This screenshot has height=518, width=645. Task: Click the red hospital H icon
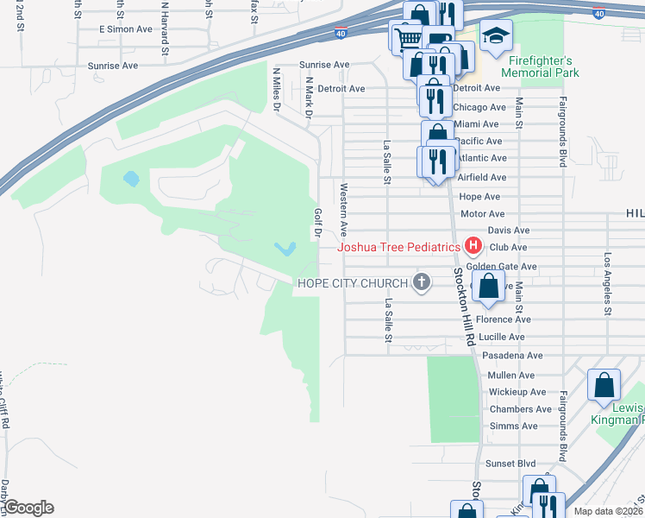473,247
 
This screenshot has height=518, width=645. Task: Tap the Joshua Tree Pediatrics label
398,247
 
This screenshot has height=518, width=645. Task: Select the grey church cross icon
422,283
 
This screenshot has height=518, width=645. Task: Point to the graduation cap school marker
496,36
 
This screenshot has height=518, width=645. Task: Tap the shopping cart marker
406,37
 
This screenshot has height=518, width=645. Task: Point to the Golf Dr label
317,222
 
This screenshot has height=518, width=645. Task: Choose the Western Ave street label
343,210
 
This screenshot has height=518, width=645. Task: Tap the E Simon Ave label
125,29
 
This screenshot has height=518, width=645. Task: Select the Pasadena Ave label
512,356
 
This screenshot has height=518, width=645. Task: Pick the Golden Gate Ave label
501,267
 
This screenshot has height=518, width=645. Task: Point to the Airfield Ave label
482,177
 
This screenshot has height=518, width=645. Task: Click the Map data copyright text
609,511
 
